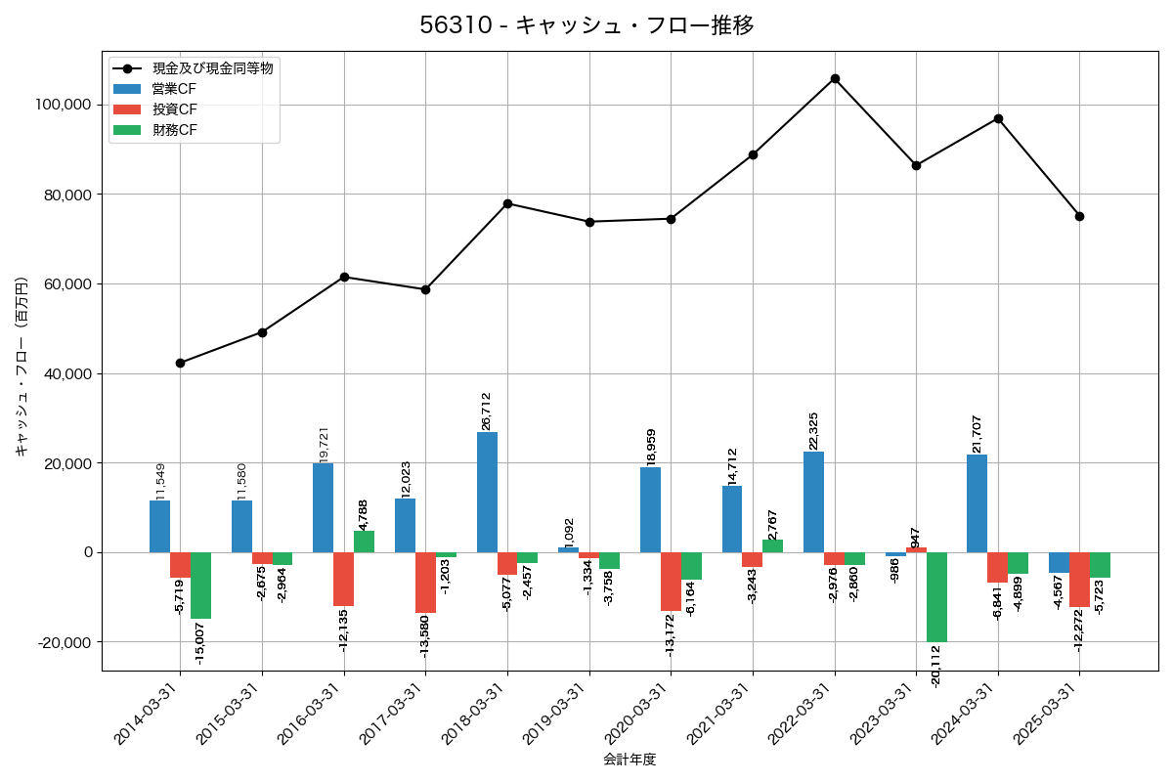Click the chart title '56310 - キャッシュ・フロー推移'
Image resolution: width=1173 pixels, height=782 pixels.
point(586,25)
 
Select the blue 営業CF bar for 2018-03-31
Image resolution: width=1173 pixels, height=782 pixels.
point(487,492)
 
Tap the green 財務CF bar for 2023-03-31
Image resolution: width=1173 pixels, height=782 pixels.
point(936,596)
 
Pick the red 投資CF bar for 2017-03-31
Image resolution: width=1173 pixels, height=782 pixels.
point(425,583)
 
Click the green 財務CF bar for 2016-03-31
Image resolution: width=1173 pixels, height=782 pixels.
point(364,542)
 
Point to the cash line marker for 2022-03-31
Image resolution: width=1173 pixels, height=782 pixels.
point(835,78)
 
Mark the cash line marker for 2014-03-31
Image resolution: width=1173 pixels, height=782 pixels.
point(180,363)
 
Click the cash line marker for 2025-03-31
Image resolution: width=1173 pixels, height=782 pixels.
point(1079,216)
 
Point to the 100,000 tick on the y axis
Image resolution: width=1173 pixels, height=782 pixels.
point(63,105)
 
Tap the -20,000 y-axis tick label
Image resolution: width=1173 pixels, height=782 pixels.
point(63,642)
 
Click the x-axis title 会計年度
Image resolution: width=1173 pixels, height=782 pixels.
point(630,759)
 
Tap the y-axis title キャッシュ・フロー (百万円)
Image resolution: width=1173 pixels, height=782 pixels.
point(22,367)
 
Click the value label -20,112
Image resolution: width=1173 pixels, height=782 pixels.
point(936,666)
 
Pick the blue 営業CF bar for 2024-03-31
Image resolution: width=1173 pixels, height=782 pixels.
point(977,503)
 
